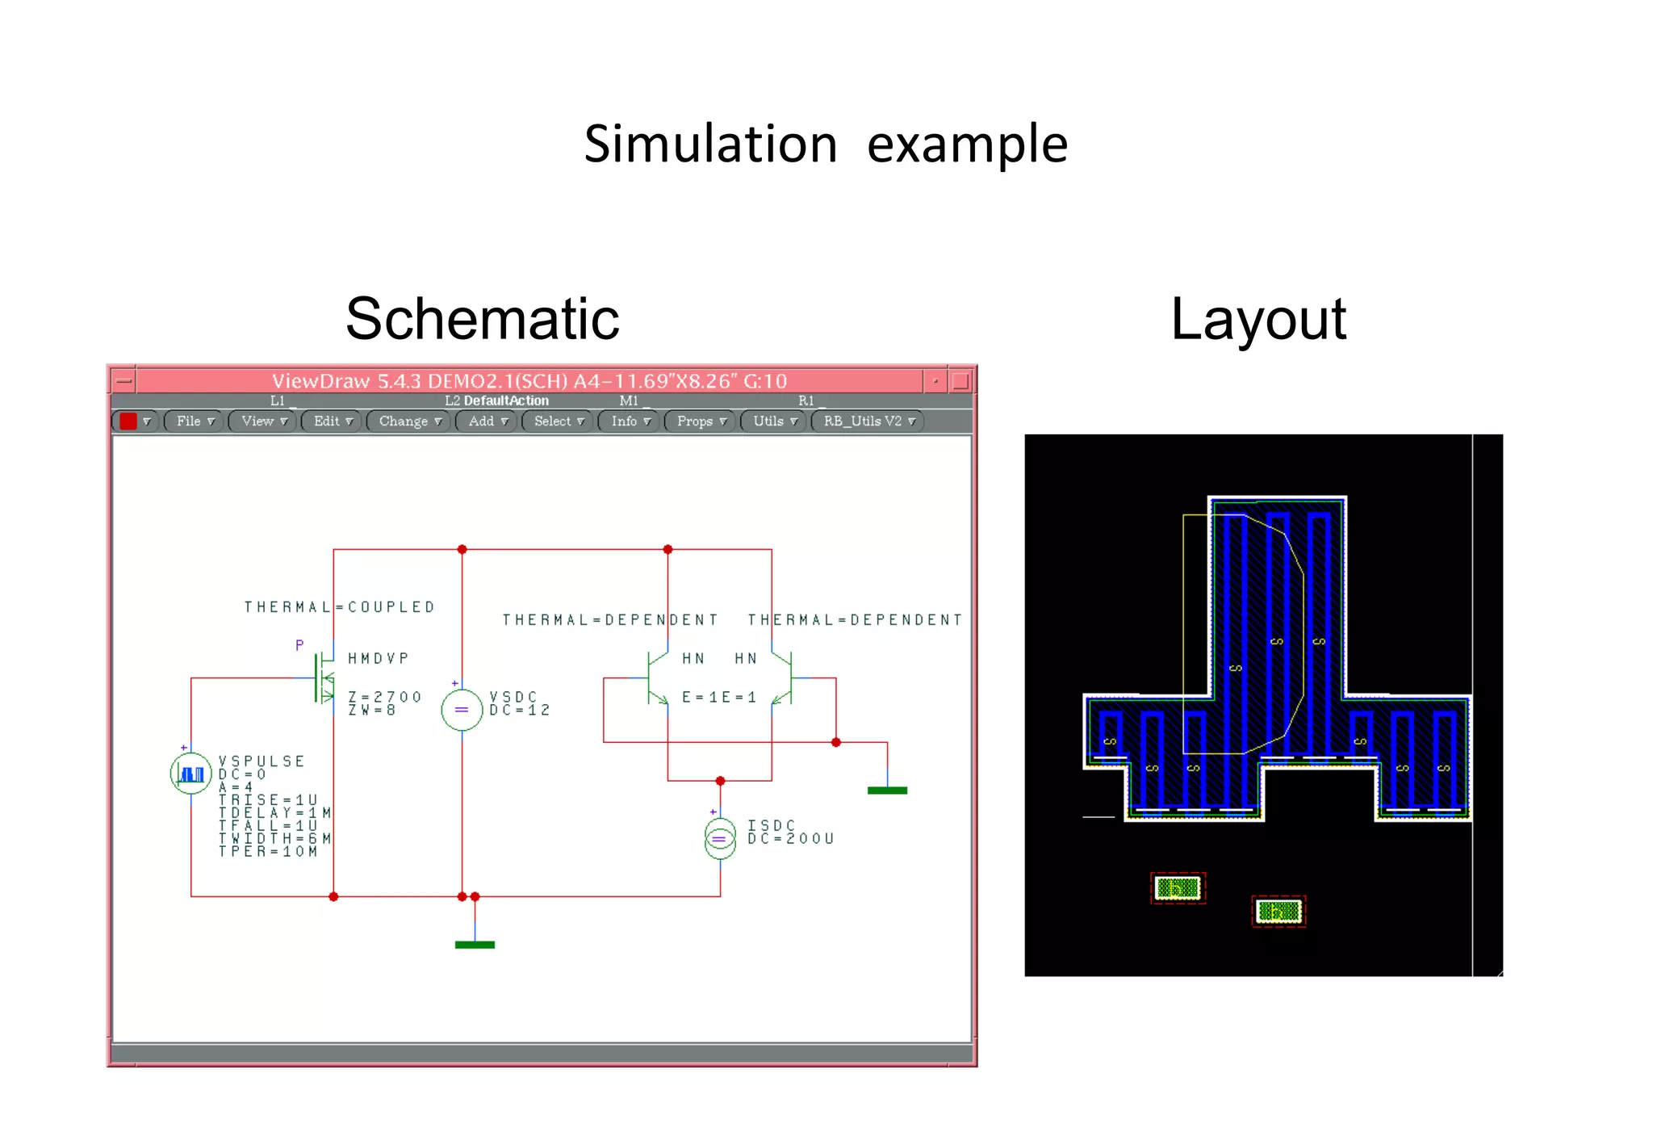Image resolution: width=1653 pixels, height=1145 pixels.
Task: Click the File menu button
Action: (194, 422)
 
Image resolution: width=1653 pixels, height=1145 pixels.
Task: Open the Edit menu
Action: (332, 422)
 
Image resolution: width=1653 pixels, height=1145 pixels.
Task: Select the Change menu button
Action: (409, 422)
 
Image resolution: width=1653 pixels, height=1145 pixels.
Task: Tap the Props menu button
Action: (701, 422)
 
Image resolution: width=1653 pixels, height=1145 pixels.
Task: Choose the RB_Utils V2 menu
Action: (868, 422)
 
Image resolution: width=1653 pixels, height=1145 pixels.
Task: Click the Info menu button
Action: (630, 422)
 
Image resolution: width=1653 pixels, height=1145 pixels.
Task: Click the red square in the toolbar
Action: (128, 422)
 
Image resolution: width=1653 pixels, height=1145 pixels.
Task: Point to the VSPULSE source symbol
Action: (190, 774)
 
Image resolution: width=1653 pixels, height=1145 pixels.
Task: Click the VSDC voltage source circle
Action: (462, 710)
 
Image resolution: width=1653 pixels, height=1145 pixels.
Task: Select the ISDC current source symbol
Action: (720, 839)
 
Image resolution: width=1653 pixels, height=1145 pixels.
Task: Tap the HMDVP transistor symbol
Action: (325, 678)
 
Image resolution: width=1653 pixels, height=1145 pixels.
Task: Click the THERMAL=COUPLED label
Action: (340, 607)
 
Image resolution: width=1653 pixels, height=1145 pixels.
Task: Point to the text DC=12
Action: (520, 711)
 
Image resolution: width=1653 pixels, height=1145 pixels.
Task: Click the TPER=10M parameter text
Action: (268, 852)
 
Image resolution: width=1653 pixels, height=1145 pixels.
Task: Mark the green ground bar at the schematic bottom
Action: (475, 945)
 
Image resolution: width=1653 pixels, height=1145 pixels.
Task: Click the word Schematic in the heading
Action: (482, 319)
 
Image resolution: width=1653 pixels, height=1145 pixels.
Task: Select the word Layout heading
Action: (1258, 319)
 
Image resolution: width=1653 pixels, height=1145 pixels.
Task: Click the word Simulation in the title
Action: (710, 145)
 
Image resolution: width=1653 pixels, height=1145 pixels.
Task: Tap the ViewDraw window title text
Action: (529, 381)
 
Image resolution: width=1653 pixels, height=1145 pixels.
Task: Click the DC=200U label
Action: (790, 839)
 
